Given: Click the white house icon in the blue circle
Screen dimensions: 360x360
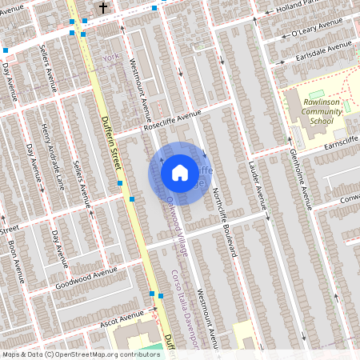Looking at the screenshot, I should click(x=180, y=172).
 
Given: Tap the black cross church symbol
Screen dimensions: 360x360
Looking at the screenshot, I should click(x=102, y=7).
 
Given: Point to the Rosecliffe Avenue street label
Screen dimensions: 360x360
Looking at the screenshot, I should click(x=171, y=120).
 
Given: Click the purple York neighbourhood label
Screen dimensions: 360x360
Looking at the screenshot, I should click(x=110, y=58).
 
